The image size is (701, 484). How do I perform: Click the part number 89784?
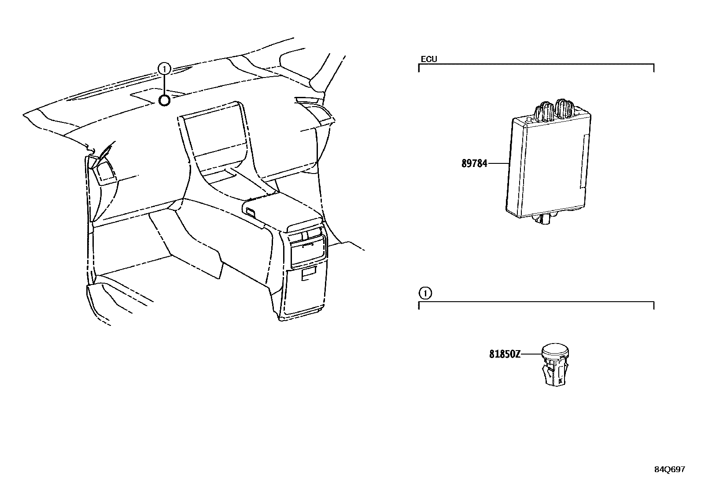click(x=474, y=163)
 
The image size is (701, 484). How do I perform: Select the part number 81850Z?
click(x=505, y=354)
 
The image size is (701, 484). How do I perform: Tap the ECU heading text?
click(x=429, y=59)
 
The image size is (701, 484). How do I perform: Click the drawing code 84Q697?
click(x=669, y=469)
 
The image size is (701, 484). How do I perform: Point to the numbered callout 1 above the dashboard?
click(x=164, y=69)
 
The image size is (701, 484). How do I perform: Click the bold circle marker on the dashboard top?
click(x=164, y=101)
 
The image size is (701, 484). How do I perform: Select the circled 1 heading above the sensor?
click(x=424, y=293)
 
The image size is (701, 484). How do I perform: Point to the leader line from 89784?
click(x=498, y=163)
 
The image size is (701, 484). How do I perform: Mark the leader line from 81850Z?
click(x=531, y=354)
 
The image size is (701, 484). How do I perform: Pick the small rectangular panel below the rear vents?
click(x=309, y=274)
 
